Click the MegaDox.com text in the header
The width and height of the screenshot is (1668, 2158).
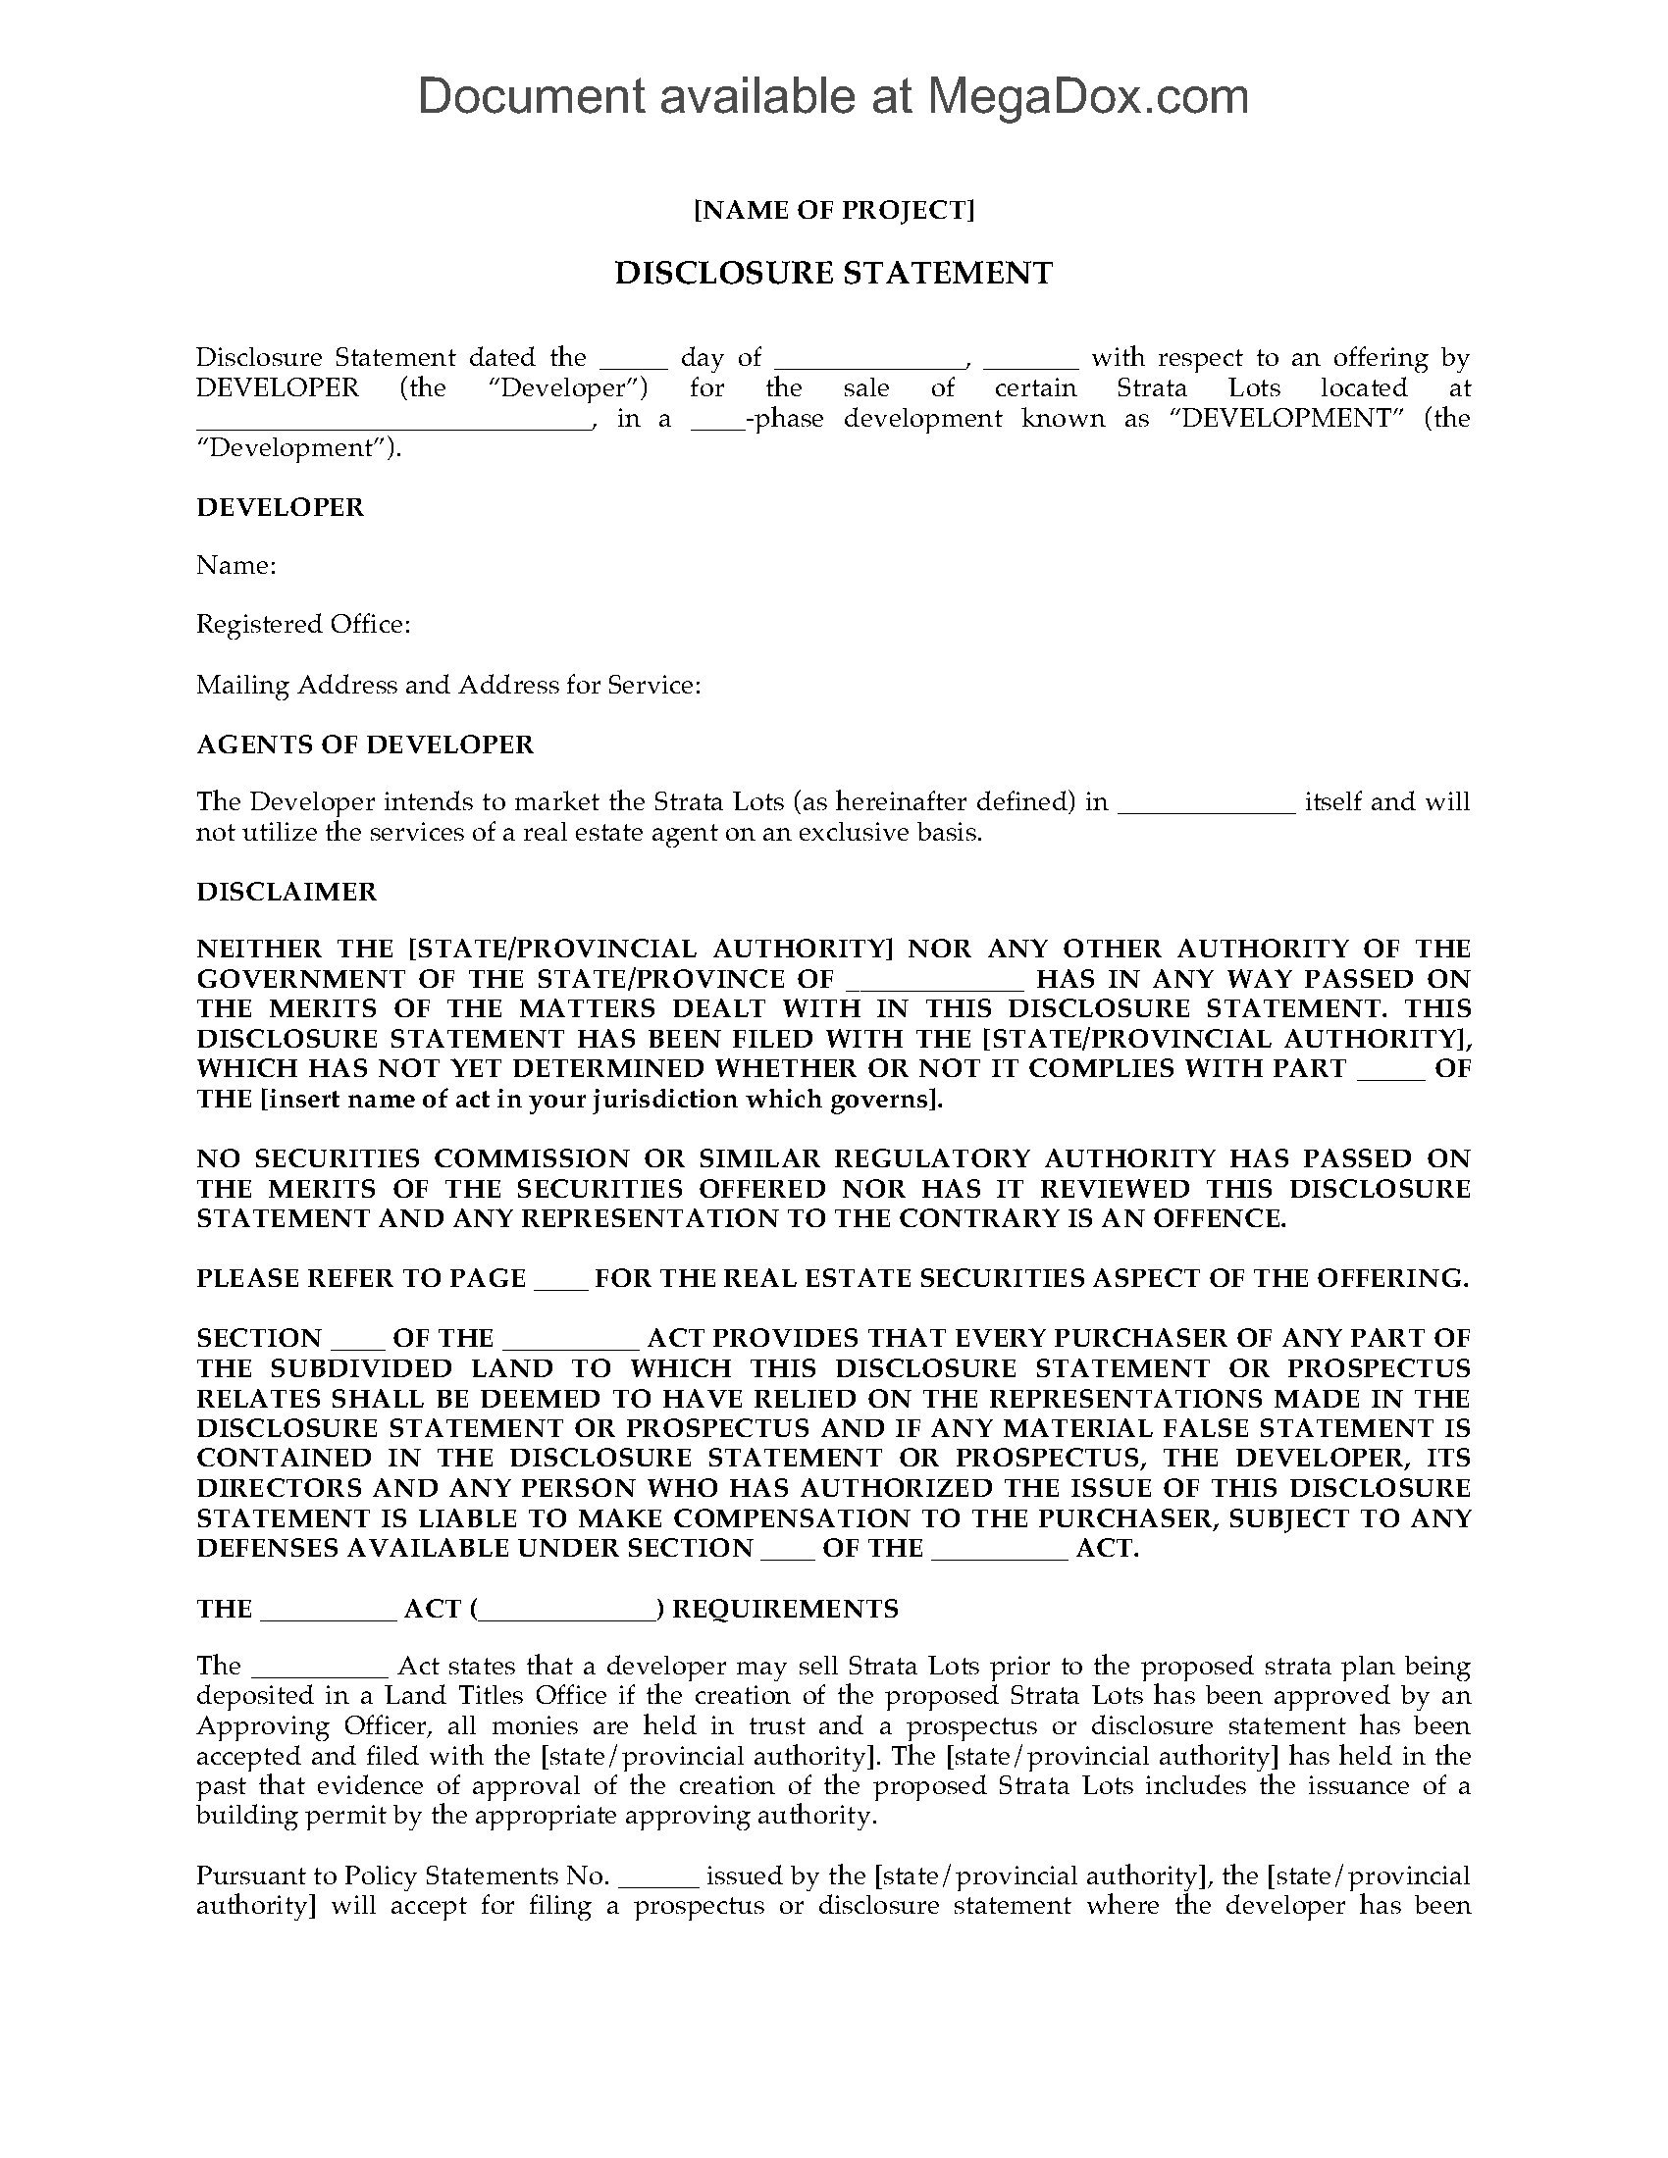1086,97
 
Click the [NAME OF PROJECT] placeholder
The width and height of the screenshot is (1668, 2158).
834,211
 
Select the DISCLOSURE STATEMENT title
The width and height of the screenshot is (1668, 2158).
834,273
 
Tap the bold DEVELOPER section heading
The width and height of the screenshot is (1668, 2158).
281,507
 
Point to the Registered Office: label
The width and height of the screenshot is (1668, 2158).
302,625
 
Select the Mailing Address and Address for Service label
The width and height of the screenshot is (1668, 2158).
448,685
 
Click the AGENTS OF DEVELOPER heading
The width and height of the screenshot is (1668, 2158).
365,745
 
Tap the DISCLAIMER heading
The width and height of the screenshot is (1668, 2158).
287,892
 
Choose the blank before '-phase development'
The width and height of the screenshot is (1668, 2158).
716,422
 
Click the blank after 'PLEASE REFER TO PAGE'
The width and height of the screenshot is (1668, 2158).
560,1283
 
